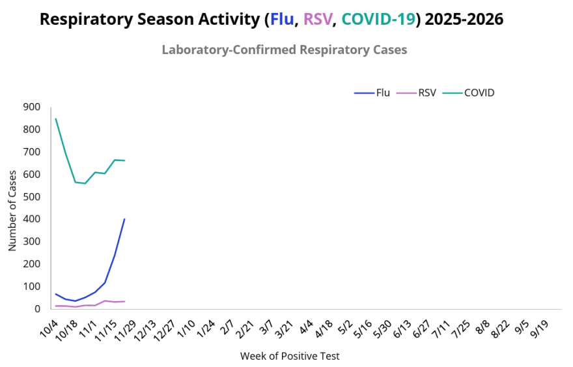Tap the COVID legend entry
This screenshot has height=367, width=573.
469,93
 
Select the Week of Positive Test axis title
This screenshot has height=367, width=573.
290,356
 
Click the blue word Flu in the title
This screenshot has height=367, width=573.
282,20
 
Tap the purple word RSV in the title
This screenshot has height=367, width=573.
318,20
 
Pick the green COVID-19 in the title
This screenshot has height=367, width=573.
378,20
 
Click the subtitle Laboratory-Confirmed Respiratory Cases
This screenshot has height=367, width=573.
285,50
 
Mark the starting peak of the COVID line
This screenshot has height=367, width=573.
56,119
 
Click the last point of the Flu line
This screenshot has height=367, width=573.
124,219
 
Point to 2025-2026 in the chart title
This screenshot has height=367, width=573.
464,20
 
